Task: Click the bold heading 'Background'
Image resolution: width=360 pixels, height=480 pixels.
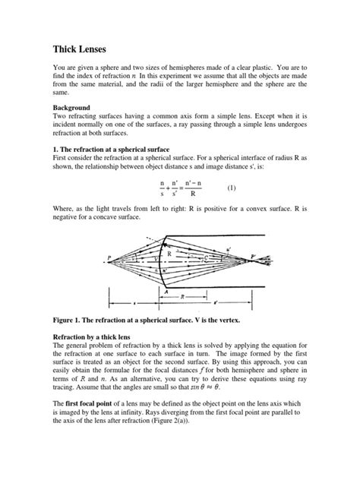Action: pyautogui.click(x=71, y=109)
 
